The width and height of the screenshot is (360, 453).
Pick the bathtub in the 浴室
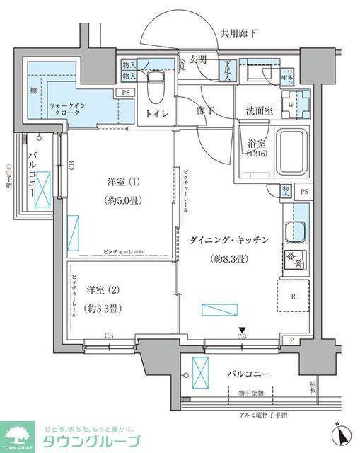(x=291, y=150)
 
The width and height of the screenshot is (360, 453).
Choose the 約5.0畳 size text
(x=123, y=200)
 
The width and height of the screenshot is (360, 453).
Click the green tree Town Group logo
(x=18, y=435)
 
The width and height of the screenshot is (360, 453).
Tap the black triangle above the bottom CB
(x=242, y=329)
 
